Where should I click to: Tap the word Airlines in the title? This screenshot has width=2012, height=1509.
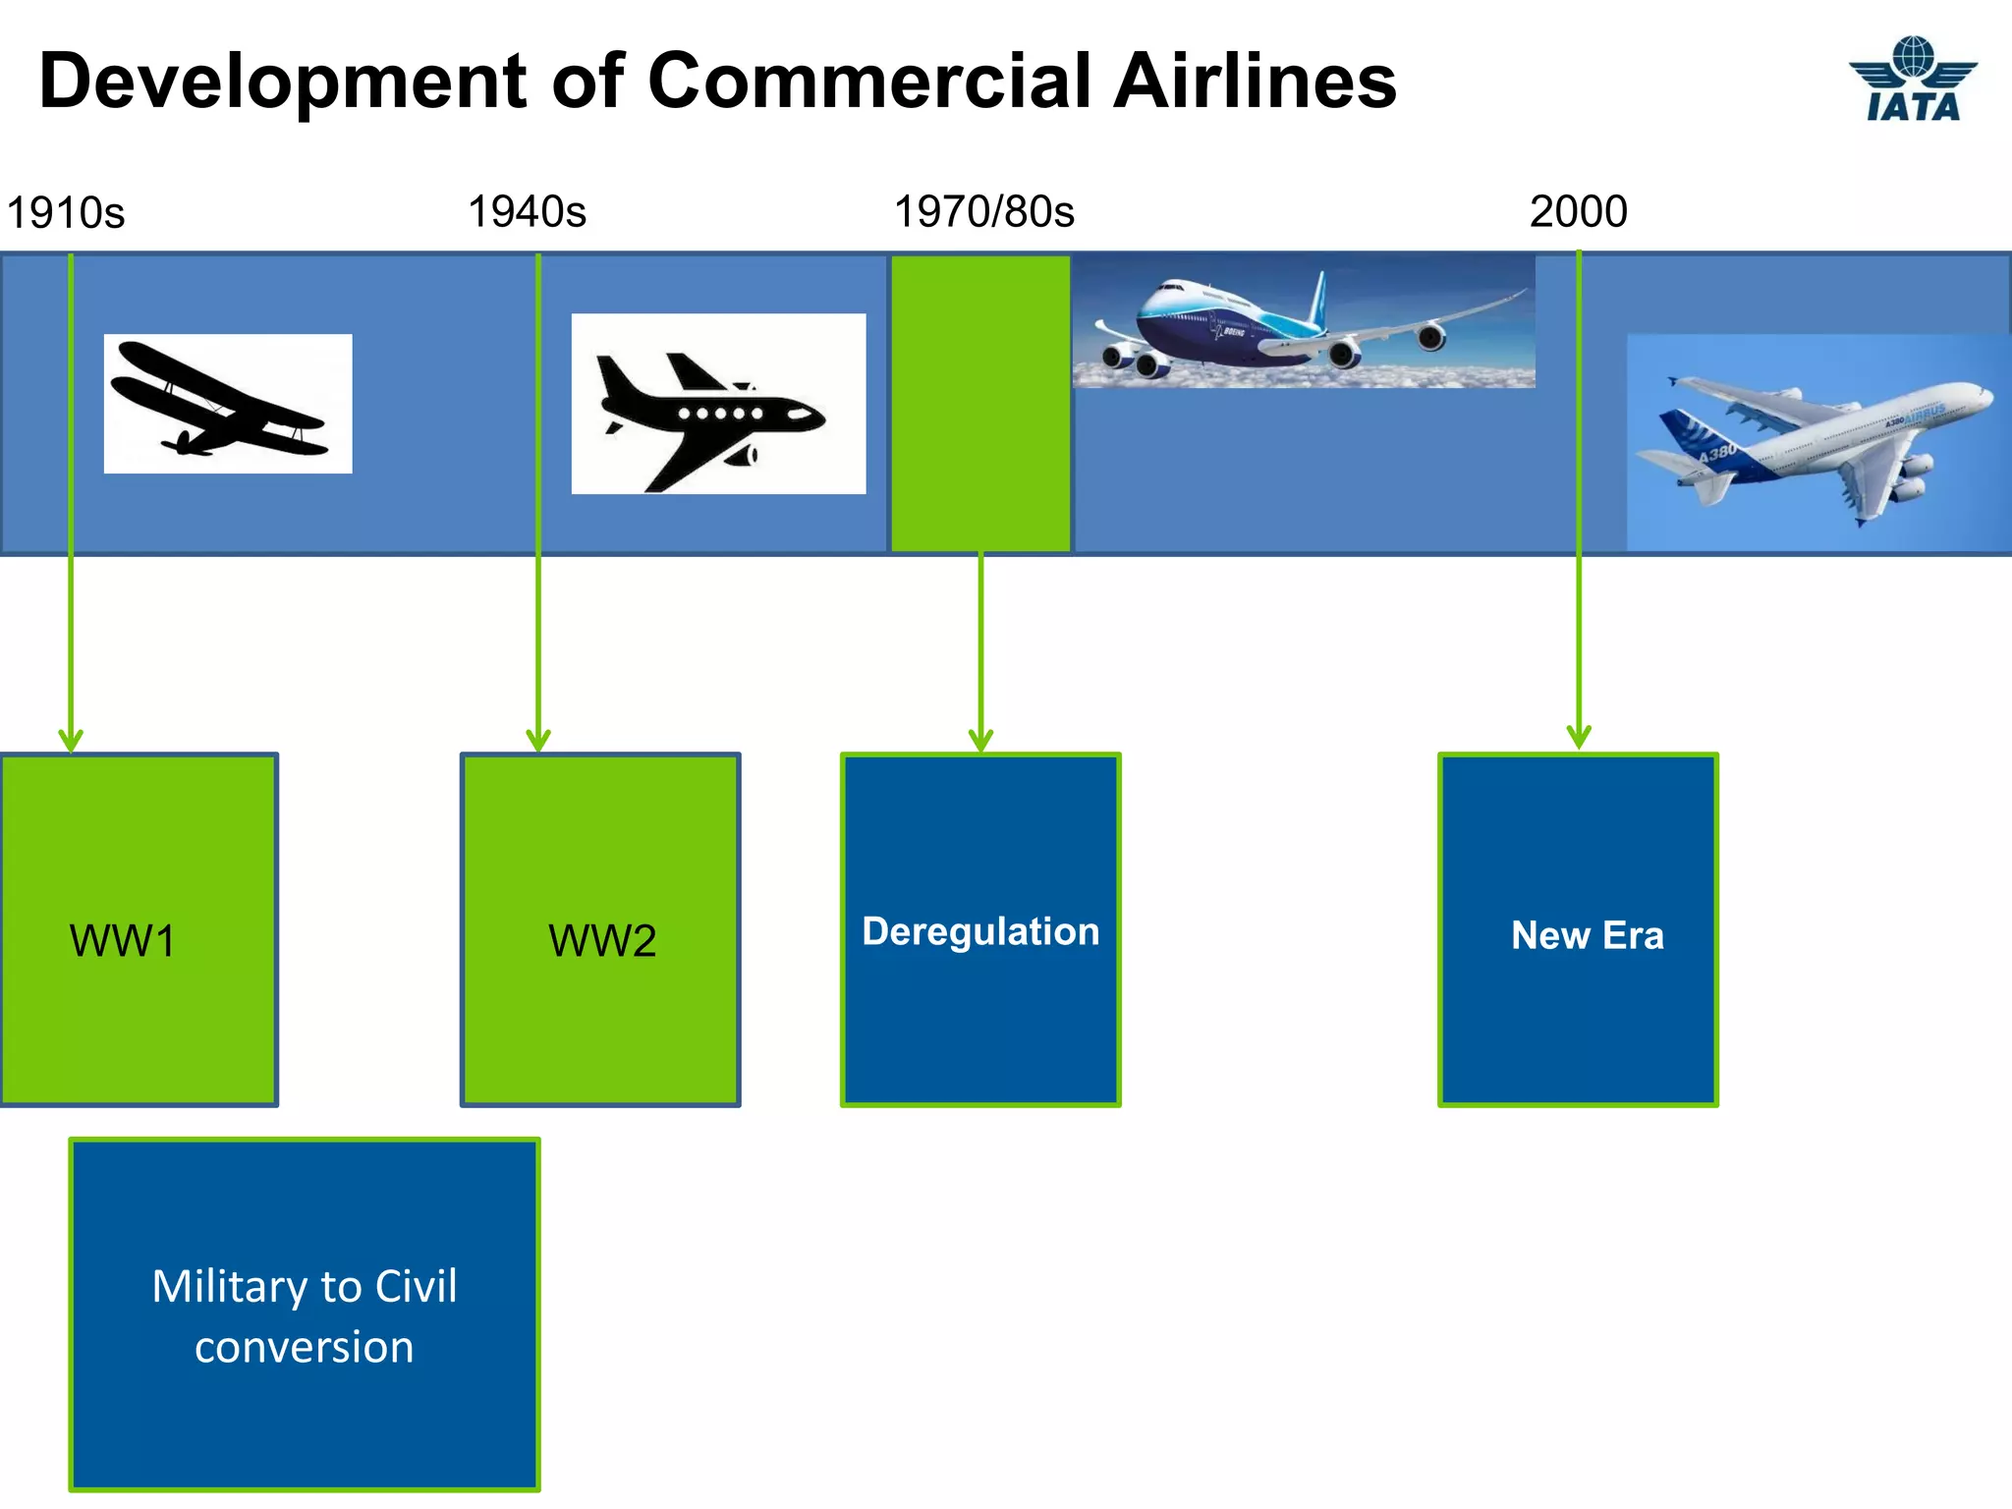pyautogui.click(x=1255, y=81)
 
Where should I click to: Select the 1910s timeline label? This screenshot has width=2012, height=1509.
pyautogui.click(x=66, y=213)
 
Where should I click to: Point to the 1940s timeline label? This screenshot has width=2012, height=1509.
pyautogui.click(x=527, y=211)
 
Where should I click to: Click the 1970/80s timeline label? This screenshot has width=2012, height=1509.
pyautogui.click(x=983, y=211)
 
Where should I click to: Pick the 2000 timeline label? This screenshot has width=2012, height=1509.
pyautogui.click(x=1578, y=211)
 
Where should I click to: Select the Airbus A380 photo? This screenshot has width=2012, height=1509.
pyautogui.click(x=1817, y=442)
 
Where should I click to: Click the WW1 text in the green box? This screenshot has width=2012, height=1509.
pyautogui.click(x=122, y=941)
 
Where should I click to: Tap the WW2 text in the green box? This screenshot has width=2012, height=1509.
pyautogui.click(x=601, y=941)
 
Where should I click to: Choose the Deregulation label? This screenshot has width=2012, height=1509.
pyautogui.click(x=980, y=931)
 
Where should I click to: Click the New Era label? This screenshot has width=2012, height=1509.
pyautogui.click(x=1587, y=935)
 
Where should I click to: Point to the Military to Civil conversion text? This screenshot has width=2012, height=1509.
pyautogui.click(x=305, y=1315)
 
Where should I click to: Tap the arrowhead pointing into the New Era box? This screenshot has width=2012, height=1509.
pyautogui.click(x=1579, y=737)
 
